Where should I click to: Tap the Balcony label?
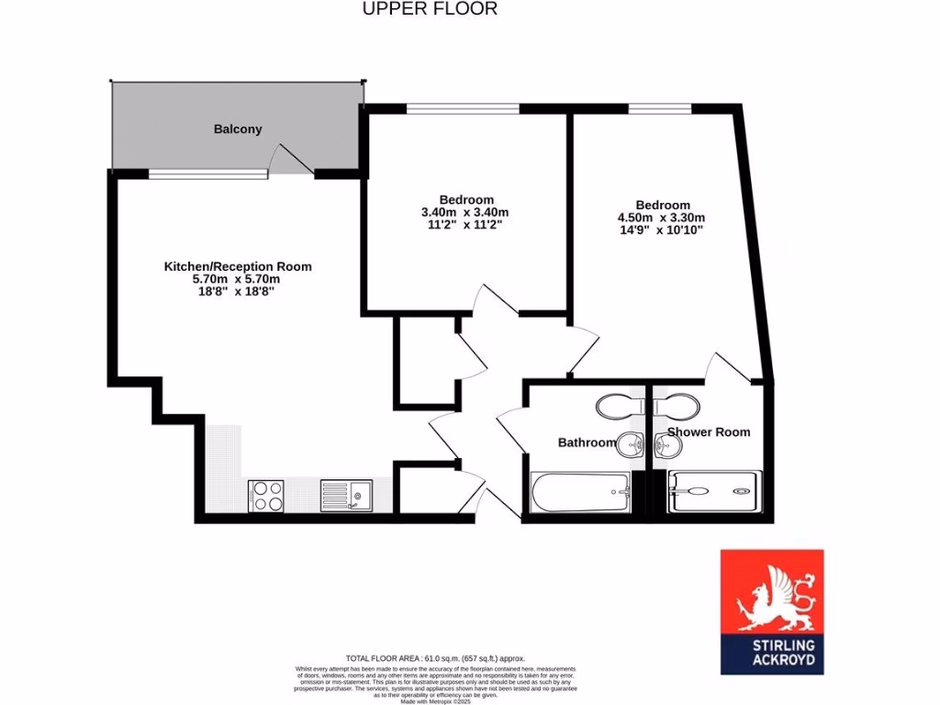238,129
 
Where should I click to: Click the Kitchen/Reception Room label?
238,266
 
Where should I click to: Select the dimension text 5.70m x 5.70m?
238,278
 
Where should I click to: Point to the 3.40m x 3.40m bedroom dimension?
465,212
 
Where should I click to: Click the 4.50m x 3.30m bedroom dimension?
662,218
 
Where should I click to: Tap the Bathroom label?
587,442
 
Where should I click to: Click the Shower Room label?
708,431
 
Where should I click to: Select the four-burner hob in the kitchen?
266,496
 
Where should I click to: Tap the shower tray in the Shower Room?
714,492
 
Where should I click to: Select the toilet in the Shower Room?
677,405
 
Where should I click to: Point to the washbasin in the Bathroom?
630,445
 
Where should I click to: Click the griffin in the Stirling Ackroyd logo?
771,598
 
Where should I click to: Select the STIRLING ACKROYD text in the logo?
771,653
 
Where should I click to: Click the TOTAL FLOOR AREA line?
435,658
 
